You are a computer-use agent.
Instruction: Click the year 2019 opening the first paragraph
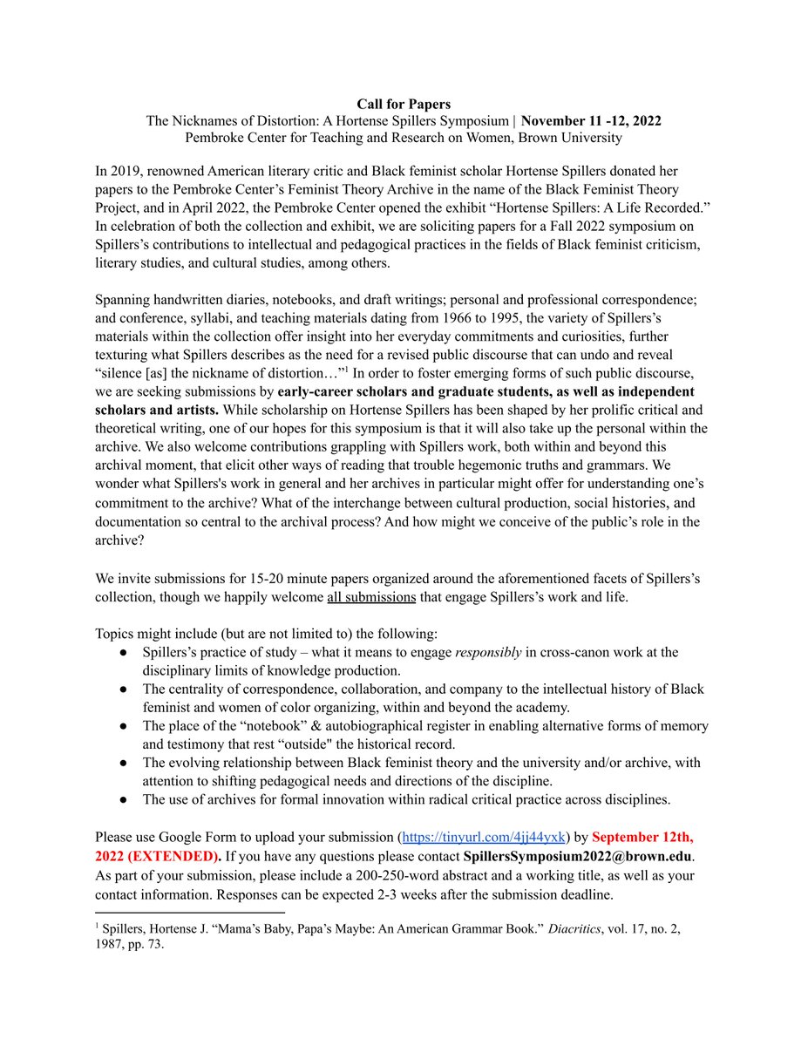127,171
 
